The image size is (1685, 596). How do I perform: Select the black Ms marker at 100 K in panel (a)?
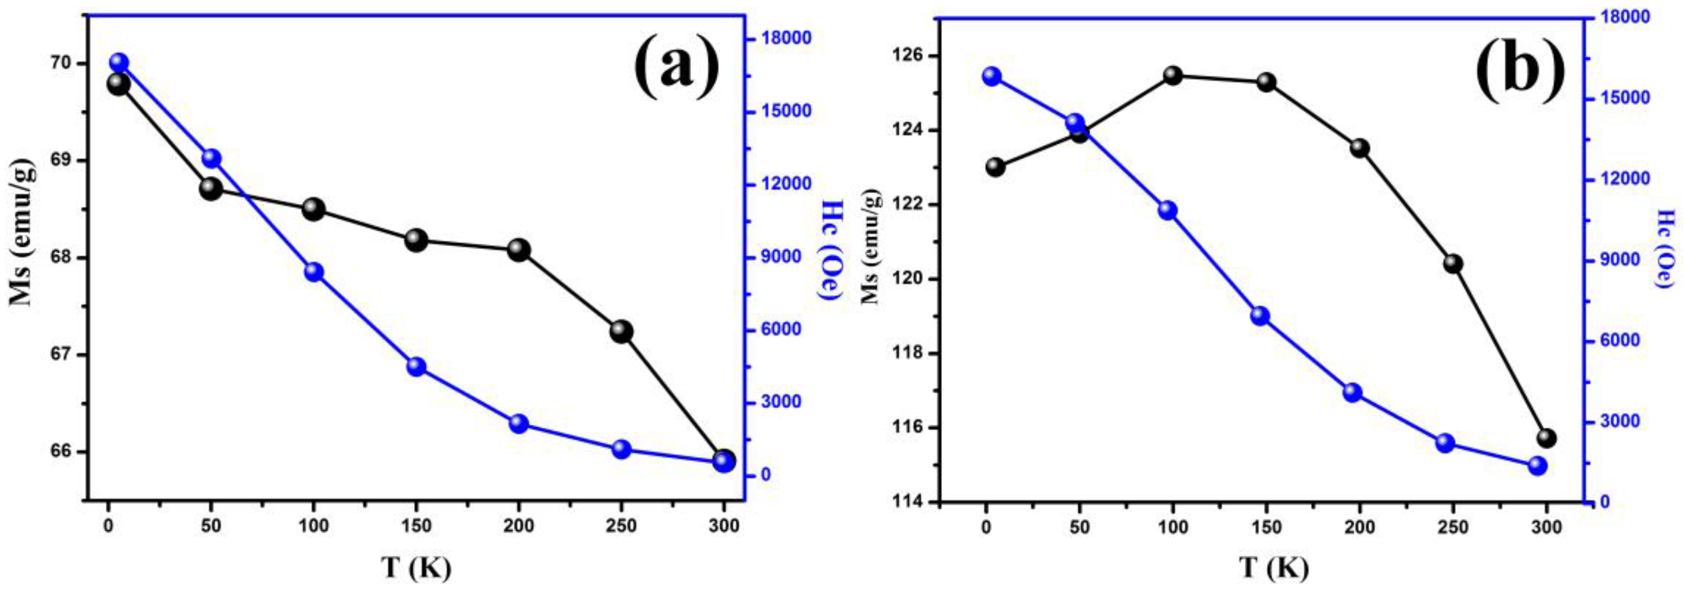pyautogui.click(x=314, y=209)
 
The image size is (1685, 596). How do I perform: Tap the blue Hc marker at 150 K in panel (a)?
pyautogui.click(x=417, y=367)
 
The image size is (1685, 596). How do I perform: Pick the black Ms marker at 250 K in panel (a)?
pyautogui.click(x=621, y=332)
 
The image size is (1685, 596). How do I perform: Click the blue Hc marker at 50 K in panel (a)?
pyautogui.click(x=211, y=159)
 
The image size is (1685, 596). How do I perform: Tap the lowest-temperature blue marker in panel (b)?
pyautogui.click(x=991, y=76)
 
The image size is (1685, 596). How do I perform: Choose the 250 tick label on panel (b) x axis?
pyautogui.click(x=1454, y=528)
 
